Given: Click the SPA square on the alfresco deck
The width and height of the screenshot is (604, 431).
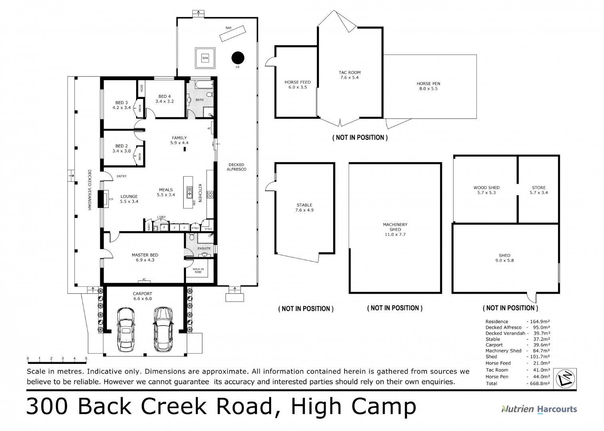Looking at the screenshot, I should pyautogui.click(x=205, y=58).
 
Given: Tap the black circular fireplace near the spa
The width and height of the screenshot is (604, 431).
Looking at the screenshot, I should pyautogui.click(x=238, y=58).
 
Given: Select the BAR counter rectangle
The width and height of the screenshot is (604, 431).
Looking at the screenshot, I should pyautogui.click(x=232, y=33).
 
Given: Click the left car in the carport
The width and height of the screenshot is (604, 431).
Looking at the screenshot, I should pyautogui.click(x=125, y=329).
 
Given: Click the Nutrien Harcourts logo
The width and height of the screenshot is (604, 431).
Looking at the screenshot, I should pyautogui.click(x=539, y=409).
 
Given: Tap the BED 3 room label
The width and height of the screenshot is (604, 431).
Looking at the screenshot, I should pyautogui.click(x=122, y=105).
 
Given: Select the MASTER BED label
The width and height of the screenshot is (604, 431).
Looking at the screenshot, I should pyautogui.click(x=145, y=257).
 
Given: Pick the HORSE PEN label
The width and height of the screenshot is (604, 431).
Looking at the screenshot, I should pyautogui.click(x=428, y=86).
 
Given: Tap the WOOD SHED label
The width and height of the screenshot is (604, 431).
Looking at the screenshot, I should pyautogui.click(x=486, y=190).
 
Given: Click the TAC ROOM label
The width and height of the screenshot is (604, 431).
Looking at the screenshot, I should pyautogui.click(x=349, y=75).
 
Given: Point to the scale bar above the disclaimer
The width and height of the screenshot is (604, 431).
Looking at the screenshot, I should pyautogui.click(x=57, y=362).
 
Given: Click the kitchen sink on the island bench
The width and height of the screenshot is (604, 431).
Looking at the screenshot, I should pyautogui.click(x=189, y=192).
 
